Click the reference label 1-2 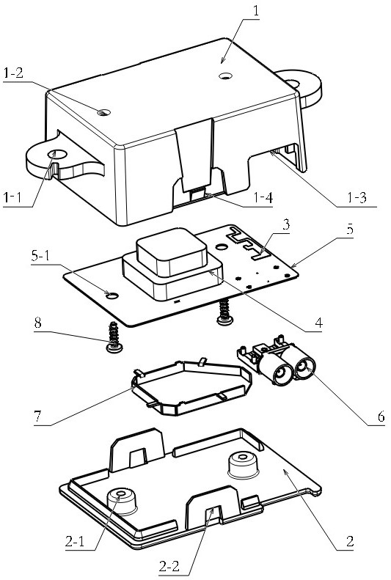[13, 73]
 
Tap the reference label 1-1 [12, 199]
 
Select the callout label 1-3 [357, 198]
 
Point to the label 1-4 [263, 198]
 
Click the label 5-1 [40, 256]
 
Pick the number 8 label [37, 323]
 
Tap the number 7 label [37, 417]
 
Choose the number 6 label [381, 417]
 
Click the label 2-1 [75, 542]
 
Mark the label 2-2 [169, 565]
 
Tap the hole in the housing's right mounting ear [292, 84]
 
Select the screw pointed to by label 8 [114, 338]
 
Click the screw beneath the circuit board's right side [224, 312]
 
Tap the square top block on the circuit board [172, 252]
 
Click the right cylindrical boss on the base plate [243, 465]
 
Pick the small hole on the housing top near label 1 [224, 76]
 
